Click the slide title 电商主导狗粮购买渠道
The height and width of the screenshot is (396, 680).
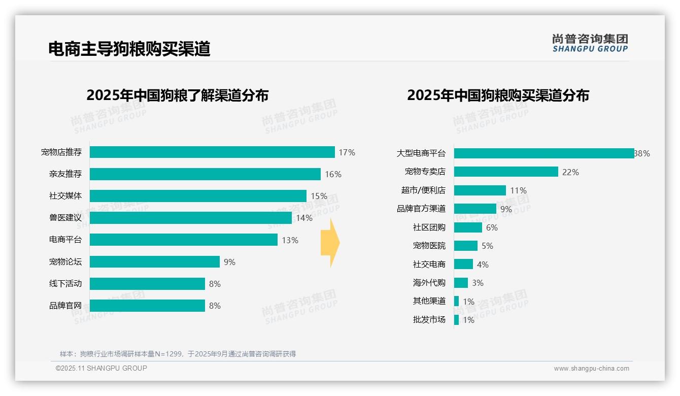(x=129, y=49)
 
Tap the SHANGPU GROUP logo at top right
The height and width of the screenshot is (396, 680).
(x=590, y=43)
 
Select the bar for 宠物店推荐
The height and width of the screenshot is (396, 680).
(x=212, y=152)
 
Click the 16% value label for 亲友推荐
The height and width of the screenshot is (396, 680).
(x=333, y=174)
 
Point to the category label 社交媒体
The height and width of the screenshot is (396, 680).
(x=65, y=196)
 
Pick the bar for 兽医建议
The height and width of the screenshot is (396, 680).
(x=191, y=218)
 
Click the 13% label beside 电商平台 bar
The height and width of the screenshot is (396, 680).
(x=290, y=240)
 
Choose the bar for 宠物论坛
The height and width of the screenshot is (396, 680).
(x=155, y=262)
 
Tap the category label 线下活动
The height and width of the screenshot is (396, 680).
(x=65, y=284)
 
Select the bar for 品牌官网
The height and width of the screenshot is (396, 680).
(x=147, y=306)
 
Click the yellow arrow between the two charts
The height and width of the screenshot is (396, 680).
(x=330, y=243)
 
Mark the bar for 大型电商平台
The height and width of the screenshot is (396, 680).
(x=543, y=153)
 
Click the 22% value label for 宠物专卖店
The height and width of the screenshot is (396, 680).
(x=570, y=172)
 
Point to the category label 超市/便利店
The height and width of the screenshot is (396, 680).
(x=423, y=190)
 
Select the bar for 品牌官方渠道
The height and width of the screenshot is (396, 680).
(x=475, y=209)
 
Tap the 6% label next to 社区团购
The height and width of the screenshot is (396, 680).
(x=492, y=227)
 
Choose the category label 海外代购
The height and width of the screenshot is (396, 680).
(x=429, y=283)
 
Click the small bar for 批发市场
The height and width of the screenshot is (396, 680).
(x=456, y=320)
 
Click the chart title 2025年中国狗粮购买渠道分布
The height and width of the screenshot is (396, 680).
(x=498, y=95)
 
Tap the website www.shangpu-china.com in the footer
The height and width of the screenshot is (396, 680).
(x=591, y=369)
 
